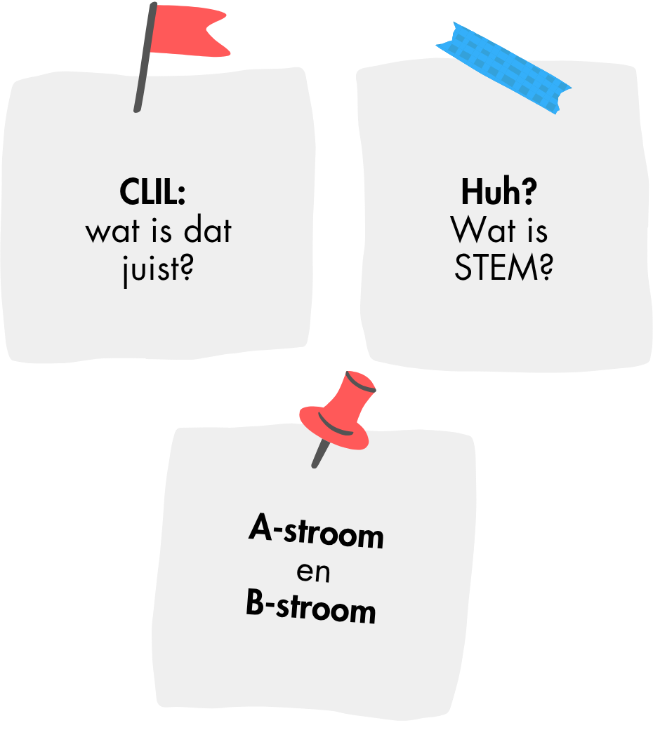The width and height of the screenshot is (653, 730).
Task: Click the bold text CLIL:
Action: tap(152, 192)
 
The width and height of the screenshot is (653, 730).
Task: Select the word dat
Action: tap(207, 231)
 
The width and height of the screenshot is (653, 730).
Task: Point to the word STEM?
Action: tap(503, 268)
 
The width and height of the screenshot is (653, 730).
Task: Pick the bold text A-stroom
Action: tap(316, 533)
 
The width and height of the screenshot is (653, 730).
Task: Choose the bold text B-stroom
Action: tap(311, 607)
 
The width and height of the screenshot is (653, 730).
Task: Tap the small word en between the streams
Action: tap(313, 572)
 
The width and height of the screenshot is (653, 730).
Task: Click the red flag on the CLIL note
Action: tap(190, 32)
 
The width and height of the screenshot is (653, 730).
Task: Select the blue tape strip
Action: tap(503, 67)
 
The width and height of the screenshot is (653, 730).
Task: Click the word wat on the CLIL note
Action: tap(109, 231)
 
